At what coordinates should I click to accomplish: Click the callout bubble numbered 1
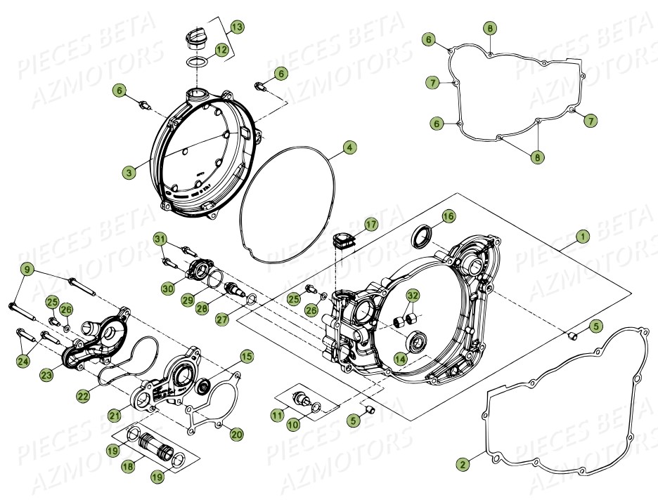click(x=582, y=237)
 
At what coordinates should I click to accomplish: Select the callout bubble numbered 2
click(x=462, y=464)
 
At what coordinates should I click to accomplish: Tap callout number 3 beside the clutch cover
click(x=129, y=171)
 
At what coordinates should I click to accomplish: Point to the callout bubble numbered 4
click(x=349, y=147)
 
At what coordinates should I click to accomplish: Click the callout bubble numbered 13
click(x=237, y=27)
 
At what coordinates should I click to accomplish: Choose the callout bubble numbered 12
click(x=221, y=50)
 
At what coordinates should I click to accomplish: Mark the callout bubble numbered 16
click(x=448, y=215)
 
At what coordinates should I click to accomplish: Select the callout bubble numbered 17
click(x=370, y=224)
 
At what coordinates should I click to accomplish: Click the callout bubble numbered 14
click(x=400, y=358)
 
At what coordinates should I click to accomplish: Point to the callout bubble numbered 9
click(x=27, y=268)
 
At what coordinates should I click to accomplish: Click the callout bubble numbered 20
click(x=236, y=435)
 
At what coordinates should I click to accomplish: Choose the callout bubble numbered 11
click(x=277, y=416)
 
